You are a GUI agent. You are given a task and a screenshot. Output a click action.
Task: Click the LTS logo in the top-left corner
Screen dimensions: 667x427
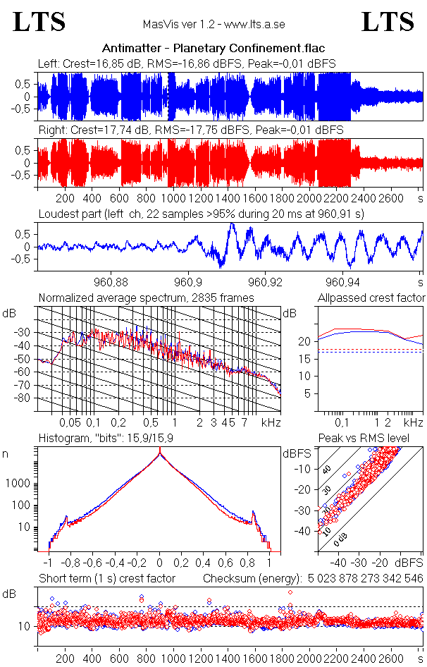coord(39,22)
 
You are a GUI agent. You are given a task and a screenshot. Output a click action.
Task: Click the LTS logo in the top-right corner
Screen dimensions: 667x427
coord(388,22)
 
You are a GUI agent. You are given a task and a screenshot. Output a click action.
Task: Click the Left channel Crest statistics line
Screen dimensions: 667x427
coord(187,63)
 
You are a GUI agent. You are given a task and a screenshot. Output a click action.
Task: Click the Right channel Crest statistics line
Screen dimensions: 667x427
coord(190,130)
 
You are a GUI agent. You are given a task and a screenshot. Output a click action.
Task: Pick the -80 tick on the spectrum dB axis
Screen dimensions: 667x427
coord(25,398)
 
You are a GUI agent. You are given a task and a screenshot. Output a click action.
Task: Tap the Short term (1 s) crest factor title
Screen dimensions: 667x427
coord(106,579)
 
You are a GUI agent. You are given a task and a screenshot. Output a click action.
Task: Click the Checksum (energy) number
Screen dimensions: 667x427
coord(365,579)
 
